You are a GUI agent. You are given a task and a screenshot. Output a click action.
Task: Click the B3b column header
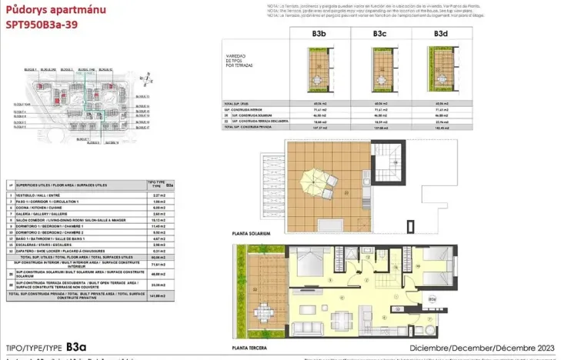click(x=319, y=34)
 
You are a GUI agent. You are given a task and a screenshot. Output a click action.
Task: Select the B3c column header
click(x=379, y=34)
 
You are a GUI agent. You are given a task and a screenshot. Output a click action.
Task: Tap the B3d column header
click(x=440, y=34)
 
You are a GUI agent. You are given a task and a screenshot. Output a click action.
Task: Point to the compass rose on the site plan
click(x=145, y=77)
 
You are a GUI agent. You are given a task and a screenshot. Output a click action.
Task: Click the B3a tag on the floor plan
click(x=432, y=298)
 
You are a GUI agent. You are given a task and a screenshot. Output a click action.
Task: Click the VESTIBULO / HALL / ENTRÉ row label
click(x=42, y=196)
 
